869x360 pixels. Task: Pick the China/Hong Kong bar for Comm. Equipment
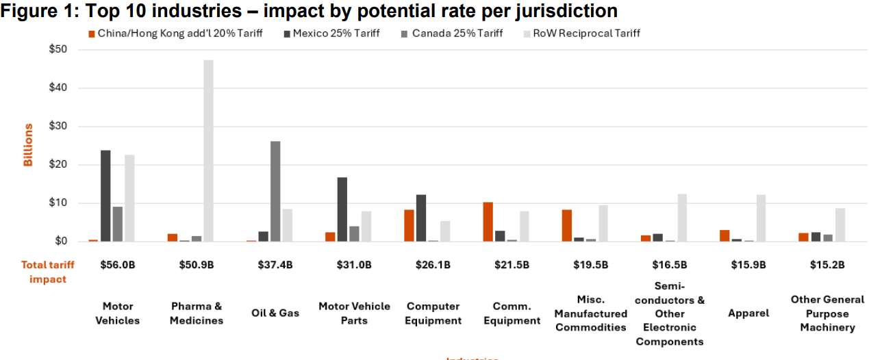coord(488,222)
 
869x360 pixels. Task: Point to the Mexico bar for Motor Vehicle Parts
coord(342,209)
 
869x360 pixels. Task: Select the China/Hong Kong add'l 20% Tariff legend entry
coord(176,34)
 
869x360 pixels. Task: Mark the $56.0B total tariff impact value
coord(118,265)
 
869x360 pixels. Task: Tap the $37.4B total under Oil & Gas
coord(275,265)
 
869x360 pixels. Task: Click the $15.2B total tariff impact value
coord(827,265)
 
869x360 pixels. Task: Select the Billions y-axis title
coord(28,145)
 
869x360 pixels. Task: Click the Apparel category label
coord(748,313)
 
